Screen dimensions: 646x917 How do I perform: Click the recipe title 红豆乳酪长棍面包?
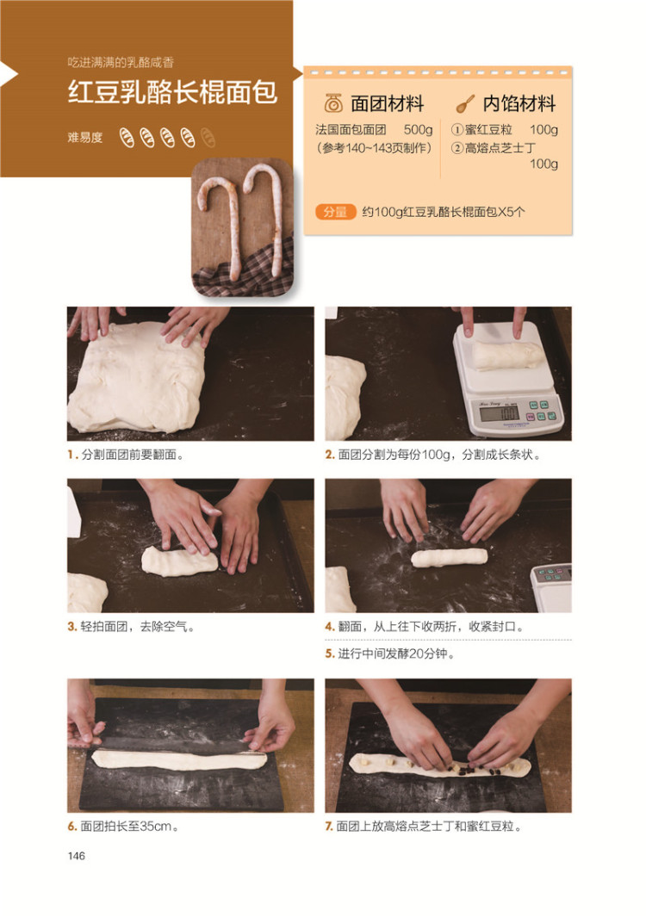(172, 92)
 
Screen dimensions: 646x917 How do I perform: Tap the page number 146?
(76, 856)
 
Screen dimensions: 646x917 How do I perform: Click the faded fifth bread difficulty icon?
(208, 138)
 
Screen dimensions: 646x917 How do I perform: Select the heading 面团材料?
(387, 103)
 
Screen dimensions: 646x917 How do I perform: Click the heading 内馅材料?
(519, 103)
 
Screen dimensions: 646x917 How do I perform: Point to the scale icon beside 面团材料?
(333, 103)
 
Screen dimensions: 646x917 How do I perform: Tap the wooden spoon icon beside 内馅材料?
(465, 104)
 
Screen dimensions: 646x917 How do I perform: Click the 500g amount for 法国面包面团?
(418, 129)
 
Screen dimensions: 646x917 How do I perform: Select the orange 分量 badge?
(335, 212)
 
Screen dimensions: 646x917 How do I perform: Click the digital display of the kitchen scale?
(499, 413)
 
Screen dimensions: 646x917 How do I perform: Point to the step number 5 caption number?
(329, 654)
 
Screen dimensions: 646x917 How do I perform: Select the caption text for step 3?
(138, 626)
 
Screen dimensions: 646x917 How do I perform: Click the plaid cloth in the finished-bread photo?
(243, 275)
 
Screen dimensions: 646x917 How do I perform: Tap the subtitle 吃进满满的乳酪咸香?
(121, 63)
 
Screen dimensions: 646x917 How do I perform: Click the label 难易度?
(85, 138)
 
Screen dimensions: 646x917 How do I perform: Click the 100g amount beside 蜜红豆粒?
(544, 129)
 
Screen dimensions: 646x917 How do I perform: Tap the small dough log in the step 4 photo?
(450, 557)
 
